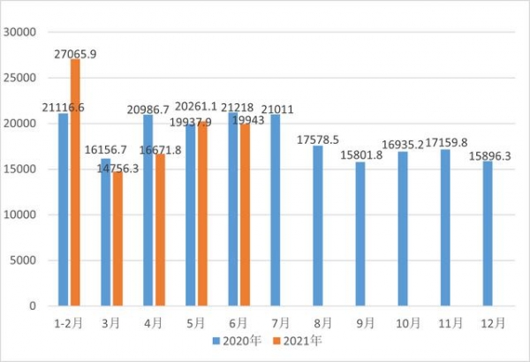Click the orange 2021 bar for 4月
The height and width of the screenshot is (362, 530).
click(x=160, y=230)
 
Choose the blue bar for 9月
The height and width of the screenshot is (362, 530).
click(x=360, y=234)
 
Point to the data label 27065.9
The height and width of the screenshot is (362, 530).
click(x=75, y=53)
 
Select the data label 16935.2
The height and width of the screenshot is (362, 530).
click(x=403, y=145)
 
